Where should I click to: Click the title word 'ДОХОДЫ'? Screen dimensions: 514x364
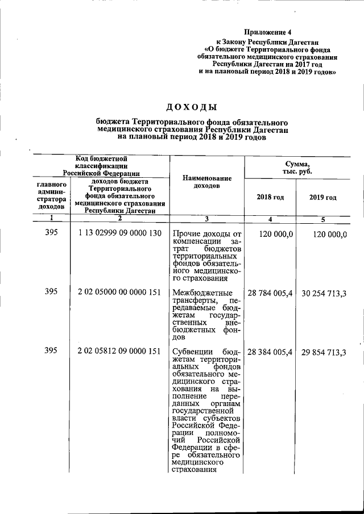tap(192, 107)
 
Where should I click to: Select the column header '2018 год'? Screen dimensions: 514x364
tap(271, 197)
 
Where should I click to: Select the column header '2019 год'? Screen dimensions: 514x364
tap(322, 197)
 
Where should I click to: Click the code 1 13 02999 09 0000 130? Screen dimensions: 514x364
tap(120, 233)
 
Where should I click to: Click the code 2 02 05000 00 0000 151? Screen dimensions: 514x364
tap(120, 292)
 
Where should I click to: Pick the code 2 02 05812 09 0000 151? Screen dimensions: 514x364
tap(120, 352)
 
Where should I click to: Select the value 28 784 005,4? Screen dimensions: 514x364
tap(270, 292)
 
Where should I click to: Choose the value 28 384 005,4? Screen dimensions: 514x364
tap(270, 352)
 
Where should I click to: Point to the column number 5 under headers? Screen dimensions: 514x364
tap(322, 219)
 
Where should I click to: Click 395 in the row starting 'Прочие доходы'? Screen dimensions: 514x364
tap(51, 233)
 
